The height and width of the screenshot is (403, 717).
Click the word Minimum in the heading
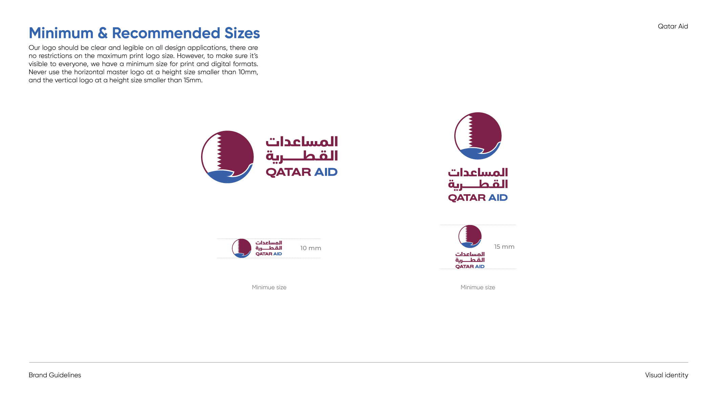coord(61,33)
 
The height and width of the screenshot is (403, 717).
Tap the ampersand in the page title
coord(103,33)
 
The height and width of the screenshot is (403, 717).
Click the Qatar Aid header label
coord(673,26)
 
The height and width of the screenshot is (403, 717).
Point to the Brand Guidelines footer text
coord(55,375)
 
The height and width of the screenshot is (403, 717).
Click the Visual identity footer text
coord(667,375)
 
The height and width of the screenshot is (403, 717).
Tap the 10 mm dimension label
coord(310,248)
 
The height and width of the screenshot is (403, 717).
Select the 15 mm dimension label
coord(504,247)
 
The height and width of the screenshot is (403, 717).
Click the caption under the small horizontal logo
coord(269,287)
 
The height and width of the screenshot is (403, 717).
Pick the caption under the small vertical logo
coord(478,287)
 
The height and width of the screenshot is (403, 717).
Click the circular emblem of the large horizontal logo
coord(227,157)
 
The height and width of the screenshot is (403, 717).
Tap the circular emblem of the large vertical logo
coord(478,136)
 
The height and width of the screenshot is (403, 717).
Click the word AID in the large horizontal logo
coord(326,172)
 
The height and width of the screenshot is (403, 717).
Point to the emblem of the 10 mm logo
coord(242,248)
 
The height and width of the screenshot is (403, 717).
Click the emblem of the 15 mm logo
coord(470,237)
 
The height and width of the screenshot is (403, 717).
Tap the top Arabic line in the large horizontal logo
coord(302,142)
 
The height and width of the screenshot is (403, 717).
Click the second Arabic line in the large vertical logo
coord(478,185)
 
